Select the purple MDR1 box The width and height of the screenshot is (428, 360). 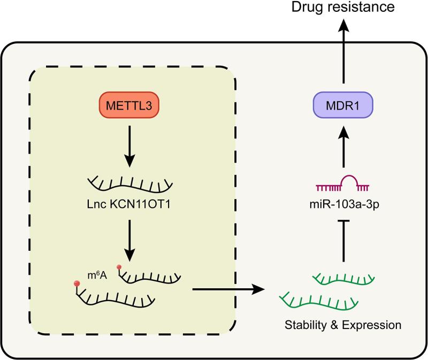(343, 104)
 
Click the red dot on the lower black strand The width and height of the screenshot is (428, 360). (79, 282)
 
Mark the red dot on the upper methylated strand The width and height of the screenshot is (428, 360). (120, 267)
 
